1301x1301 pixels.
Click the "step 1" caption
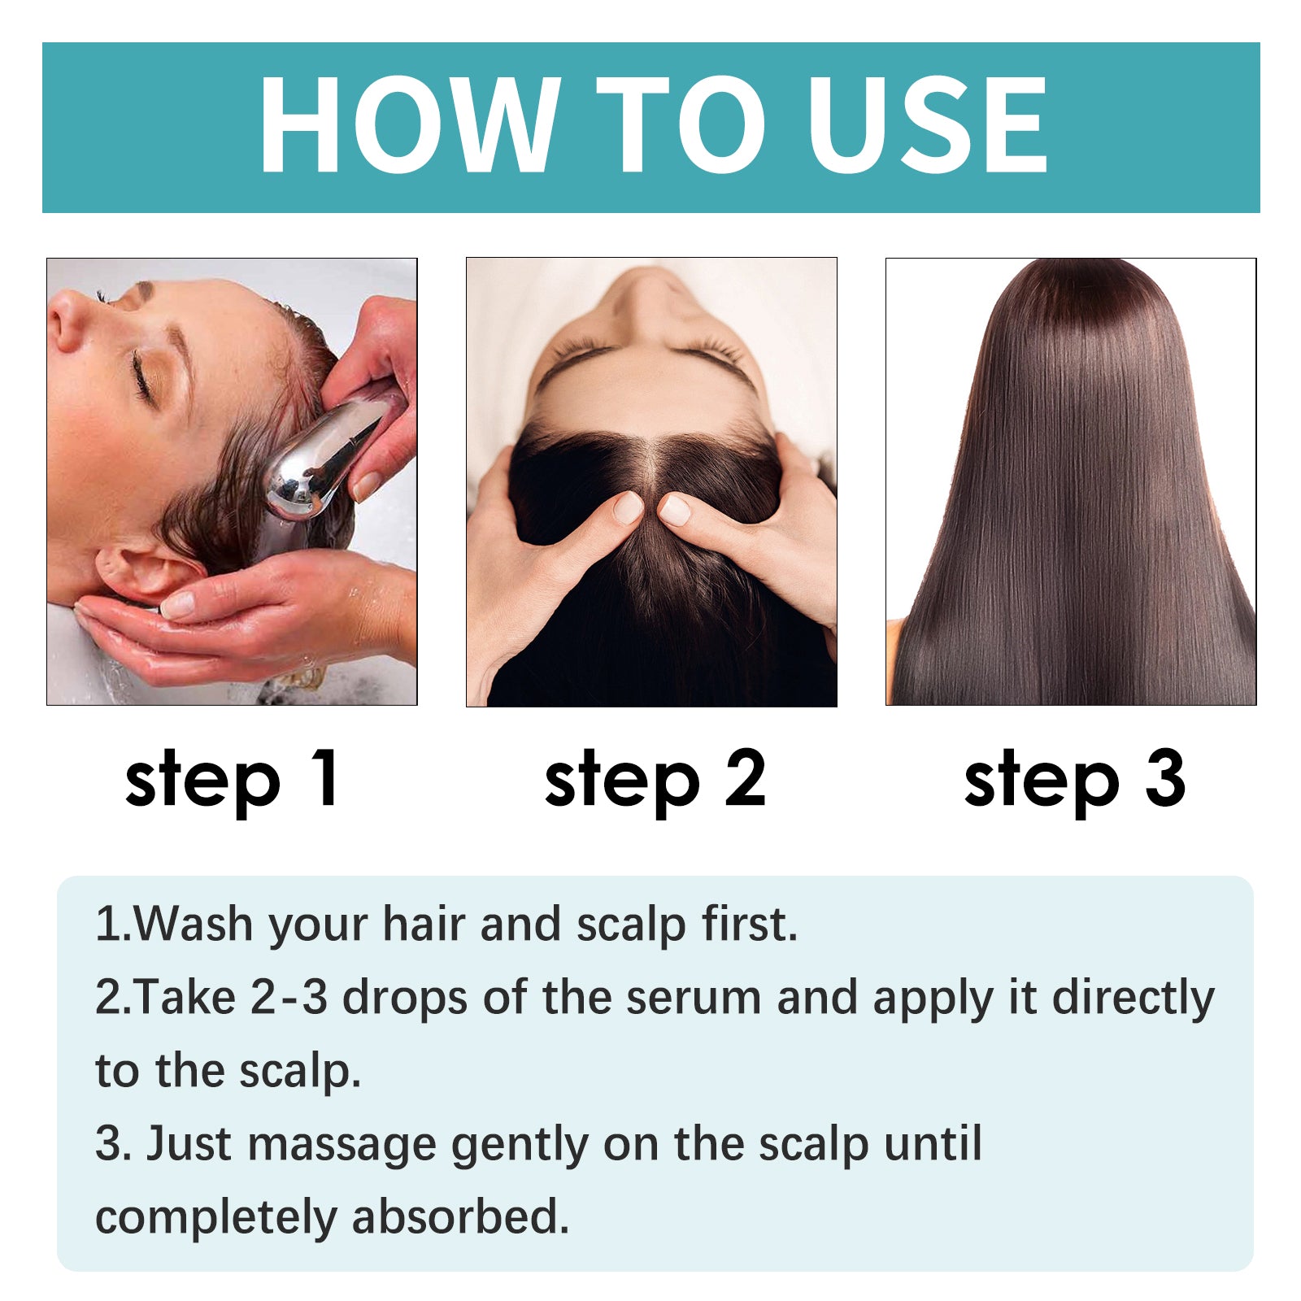(x=232, y=779)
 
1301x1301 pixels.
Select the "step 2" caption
(x=655, y=779)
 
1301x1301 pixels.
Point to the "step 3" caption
(x=1074, y=779)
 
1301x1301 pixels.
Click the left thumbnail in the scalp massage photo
(x=627, y=508)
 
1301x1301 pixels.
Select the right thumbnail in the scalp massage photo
(x=674, y=510)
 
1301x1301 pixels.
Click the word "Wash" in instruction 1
(x=194, y=925)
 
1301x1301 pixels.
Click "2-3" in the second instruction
(x=289, y=998)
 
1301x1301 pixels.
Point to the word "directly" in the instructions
(x=1133, y=998)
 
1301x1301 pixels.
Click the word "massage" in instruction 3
(x=342, y=1144)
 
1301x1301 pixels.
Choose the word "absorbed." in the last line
(x=460, y=1217)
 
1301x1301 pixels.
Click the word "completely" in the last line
(x=216, y=1219)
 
